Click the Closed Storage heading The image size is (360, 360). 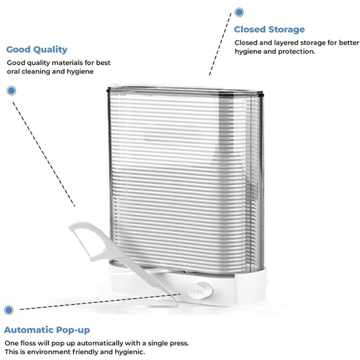(270, 30)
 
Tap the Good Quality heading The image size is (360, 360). (37, 50)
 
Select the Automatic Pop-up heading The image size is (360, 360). (47, 330)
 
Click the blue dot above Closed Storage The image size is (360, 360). (239, 12)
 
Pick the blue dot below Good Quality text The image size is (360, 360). (11, 90)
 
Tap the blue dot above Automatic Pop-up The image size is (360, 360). (9, 310)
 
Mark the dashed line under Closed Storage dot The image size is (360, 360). (220, 44)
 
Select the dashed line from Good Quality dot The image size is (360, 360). (44, 154)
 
